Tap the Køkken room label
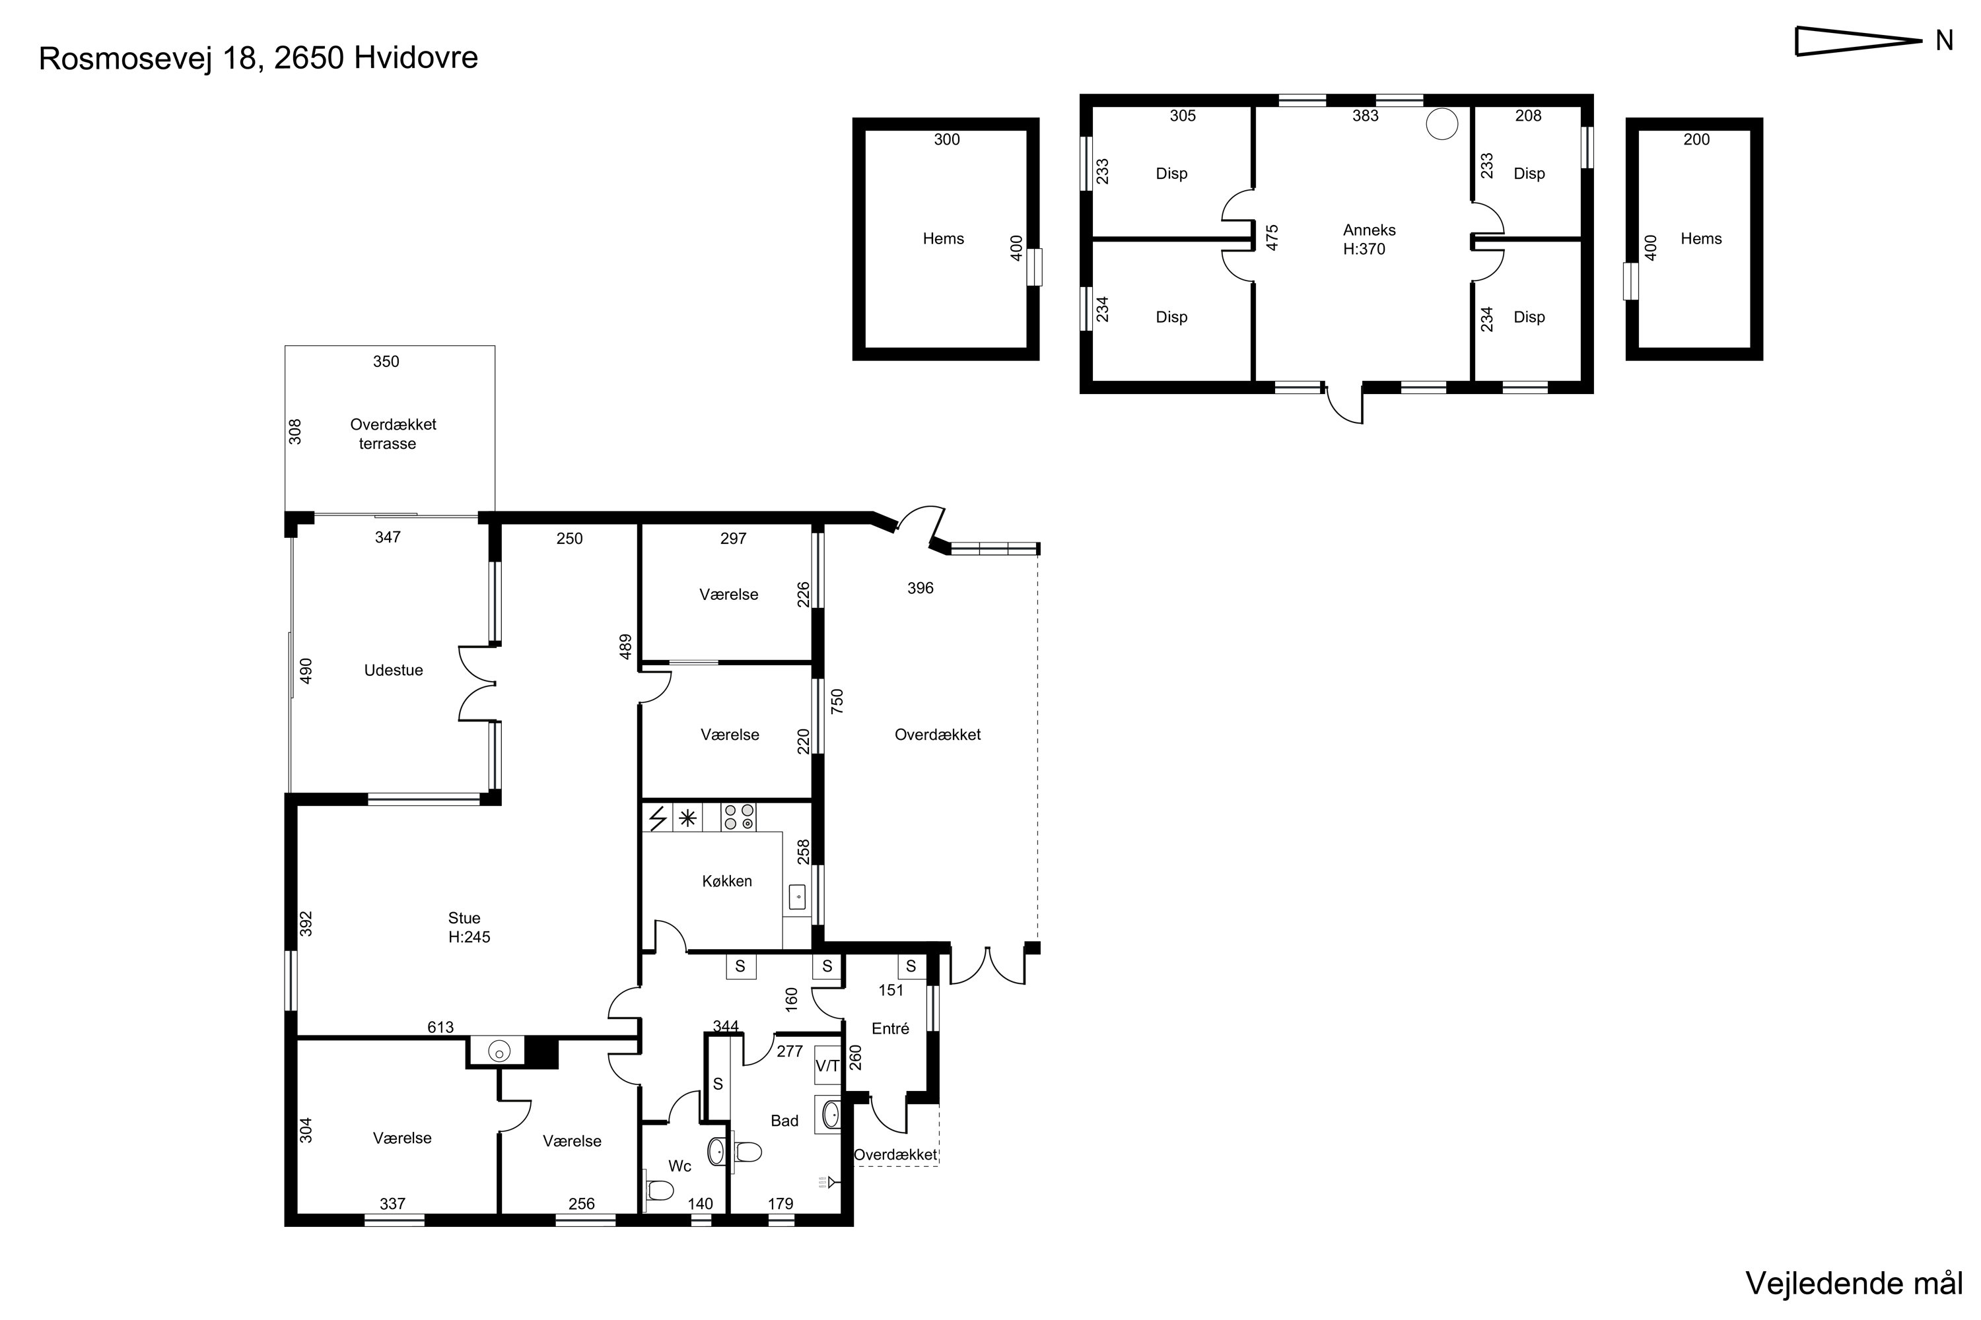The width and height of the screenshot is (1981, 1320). [727, 880]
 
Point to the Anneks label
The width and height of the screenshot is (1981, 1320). [1370, 230]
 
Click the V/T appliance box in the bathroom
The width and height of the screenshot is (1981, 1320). [827, 1065]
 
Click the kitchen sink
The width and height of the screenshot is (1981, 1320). [797, 898]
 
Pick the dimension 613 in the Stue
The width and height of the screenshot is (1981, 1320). [440, 1027]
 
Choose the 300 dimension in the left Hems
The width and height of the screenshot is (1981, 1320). [947, 140]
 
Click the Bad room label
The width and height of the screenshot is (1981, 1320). [784, 1121]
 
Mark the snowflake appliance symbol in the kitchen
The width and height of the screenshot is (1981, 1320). [688, 818]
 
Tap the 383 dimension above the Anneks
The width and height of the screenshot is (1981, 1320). [1366, 116]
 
